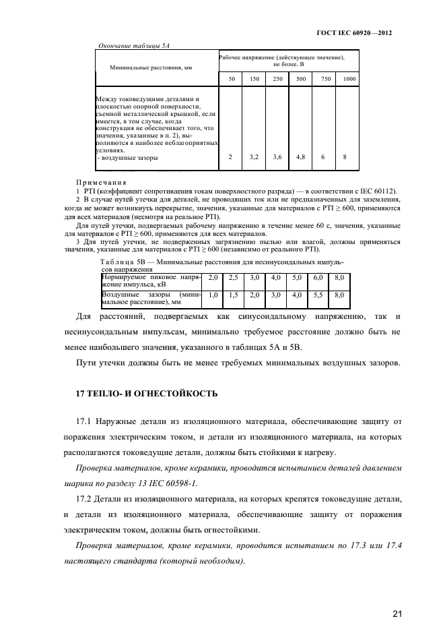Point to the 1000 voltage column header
(x=349, y=80)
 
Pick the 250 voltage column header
(x=277, y=80)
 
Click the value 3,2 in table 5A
(x=253, y=157)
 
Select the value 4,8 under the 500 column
(x=300, y=157)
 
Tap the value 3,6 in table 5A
(x=277, y=157)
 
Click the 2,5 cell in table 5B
(x=232, y=278)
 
